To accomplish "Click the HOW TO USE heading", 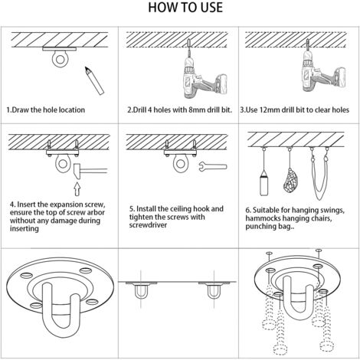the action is [x=185, y=8].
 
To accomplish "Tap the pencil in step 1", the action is [x=94, y=80].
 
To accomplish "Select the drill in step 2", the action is [x=203, y=74].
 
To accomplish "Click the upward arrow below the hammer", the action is [x=77, y=189].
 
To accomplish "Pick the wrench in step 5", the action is [x=213, y=167].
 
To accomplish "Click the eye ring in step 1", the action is [x=61, y=60].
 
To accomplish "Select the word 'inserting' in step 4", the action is [x=25, y=228].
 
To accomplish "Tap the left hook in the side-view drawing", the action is [x=141, y=291].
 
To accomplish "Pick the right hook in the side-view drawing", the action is [x=214, y=292].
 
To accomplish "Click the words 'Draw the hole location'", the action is [x=48, y=110].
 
